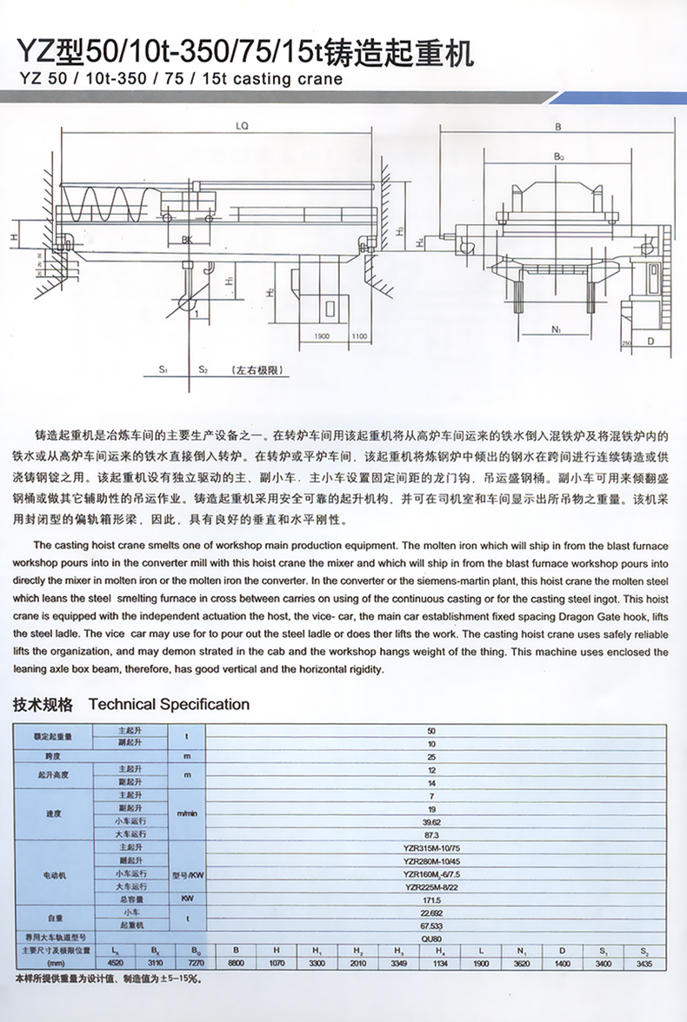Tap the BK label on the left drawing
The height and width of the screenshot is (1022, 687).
[x=187, y=240]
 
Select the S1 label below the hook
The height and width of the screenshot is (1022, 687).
[x=163, y=370]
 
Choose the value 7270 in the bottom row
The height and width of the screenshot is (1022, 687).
[x=197, y=964]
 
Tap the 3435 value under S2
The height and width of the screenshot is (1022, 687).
[x=644, y=964]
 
